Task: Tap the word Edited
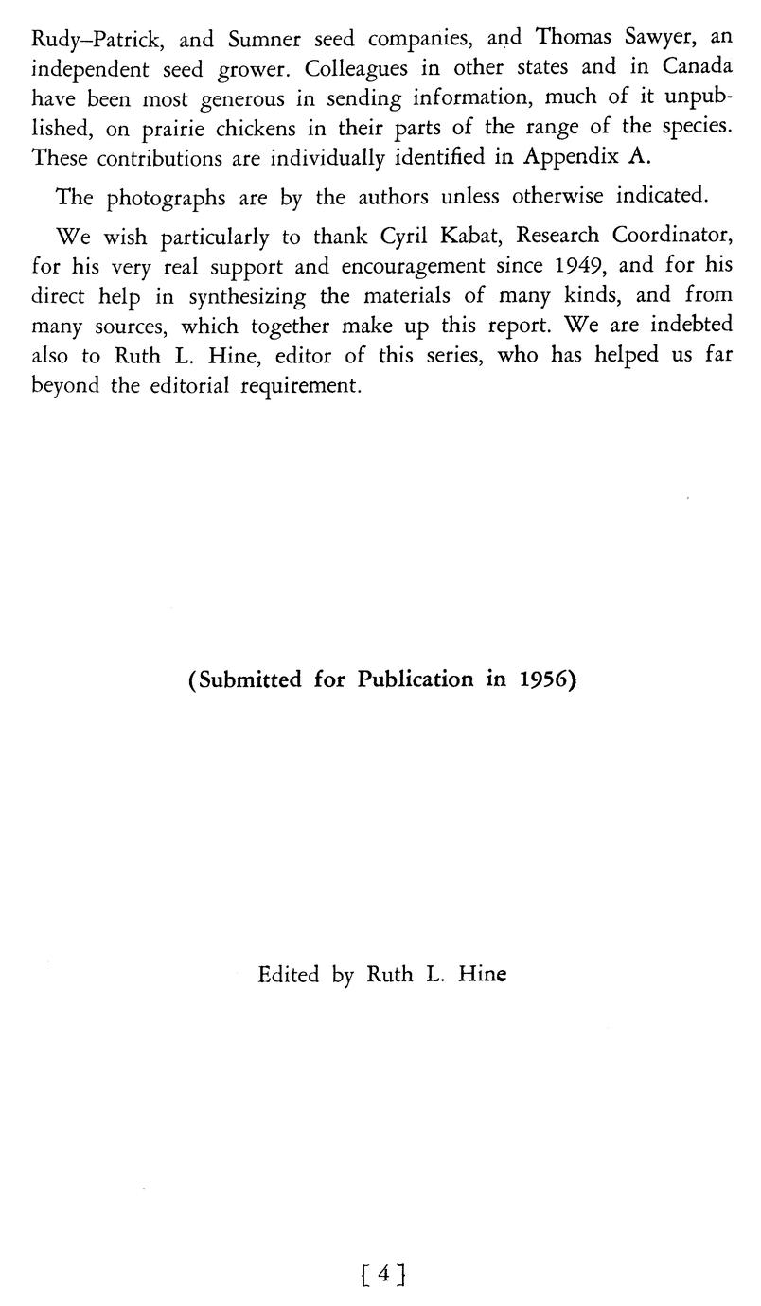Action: coord(288,974)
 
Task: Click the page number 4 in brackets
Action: coord(382,1275)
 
